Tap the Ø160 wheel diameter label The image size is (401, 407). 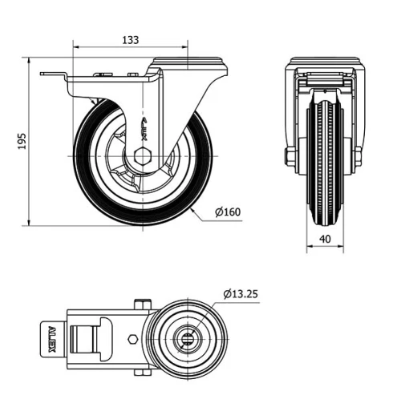pos(229,212)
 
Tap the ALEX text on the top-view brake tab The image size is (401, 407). pos(48,336)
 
